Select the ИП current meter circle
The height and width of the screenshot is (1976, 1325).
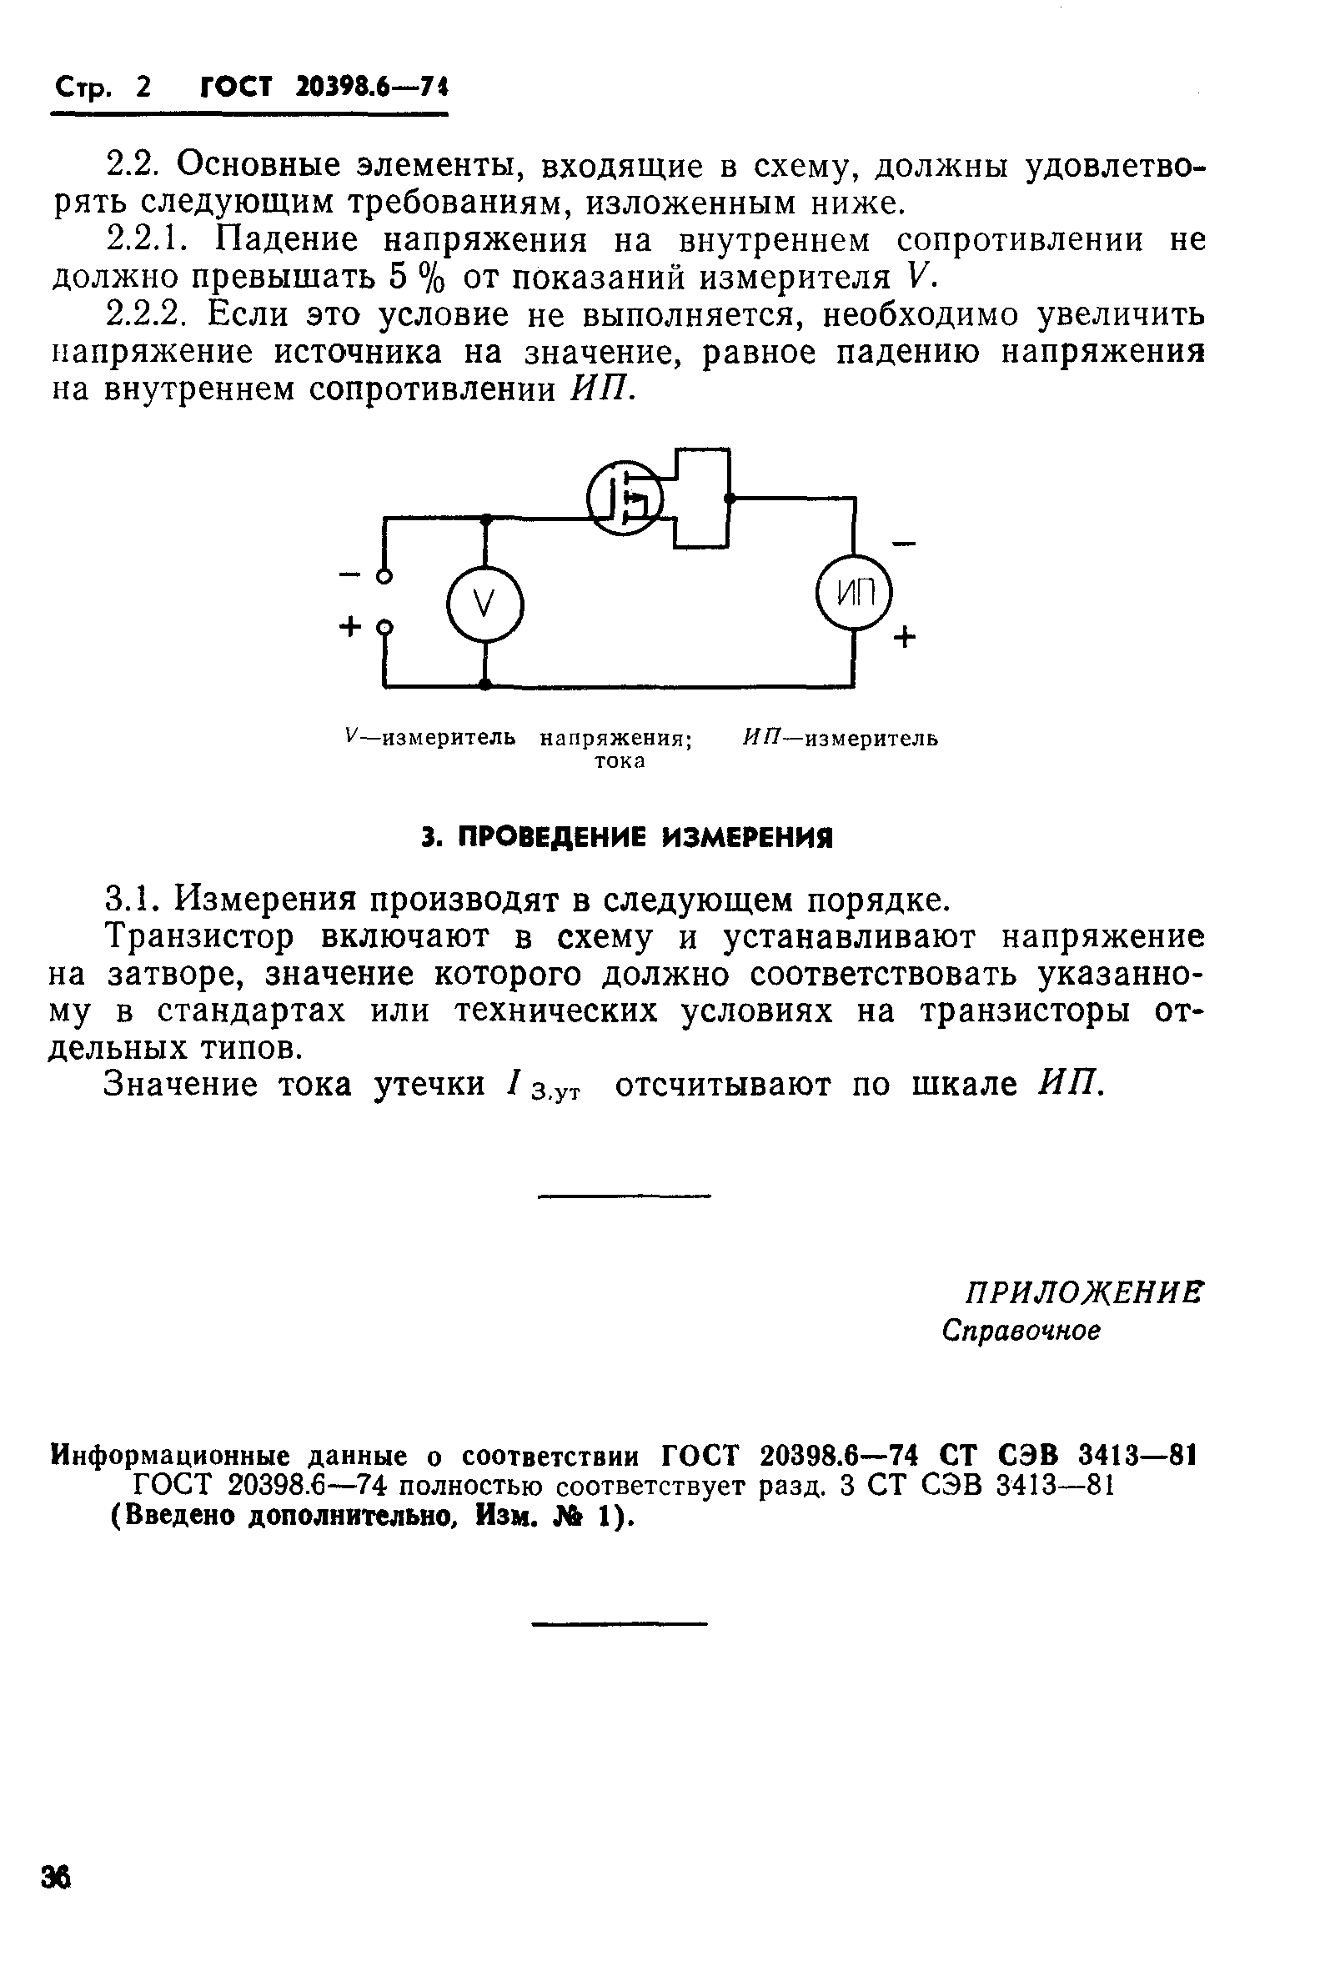[855, 594]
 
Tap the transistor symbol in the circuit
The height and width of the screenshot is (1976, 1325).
[625, 497]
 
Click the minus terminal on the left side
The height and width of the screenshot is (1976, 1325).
[384, 577]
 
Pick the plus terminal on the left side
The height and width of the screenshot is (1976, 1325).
[384, 628]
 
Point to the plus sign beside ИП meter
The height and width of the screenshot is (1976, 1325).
[904, 636]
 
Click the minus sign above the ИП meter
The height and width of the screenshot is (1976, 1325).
[903, 543]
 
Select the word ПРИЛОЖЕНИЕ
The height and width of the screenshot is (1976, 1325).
[1082, 1293]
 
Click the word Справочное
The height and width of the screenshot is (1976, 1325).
[1021, 1332]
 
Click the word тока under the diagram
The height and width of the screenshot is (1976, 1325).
[620, 761]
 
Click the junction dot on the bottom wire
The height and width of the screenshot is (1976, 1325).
[485, 685]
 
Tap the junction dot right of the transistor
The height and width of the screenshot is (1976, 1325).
[730, 499]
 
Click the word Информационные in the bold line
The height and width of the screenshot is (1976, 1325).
[172, 1456]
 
